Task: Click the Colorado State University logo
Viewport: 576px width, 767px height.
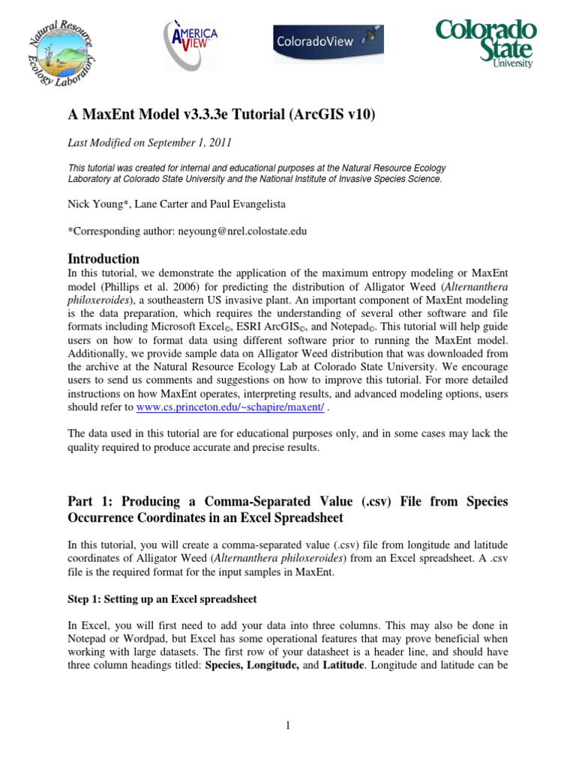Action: tap(486, 43)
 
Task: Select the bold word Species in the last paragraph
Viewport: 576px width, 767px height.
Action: tap(227, 664)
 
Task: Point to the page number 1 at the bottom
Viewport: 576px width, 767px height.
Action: tap(288, 725)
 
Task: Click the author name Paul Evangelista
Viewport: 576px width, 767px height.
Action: tap(232, 202)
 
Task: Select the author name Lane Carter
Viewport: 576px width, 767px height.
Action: tap(155, 202)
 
